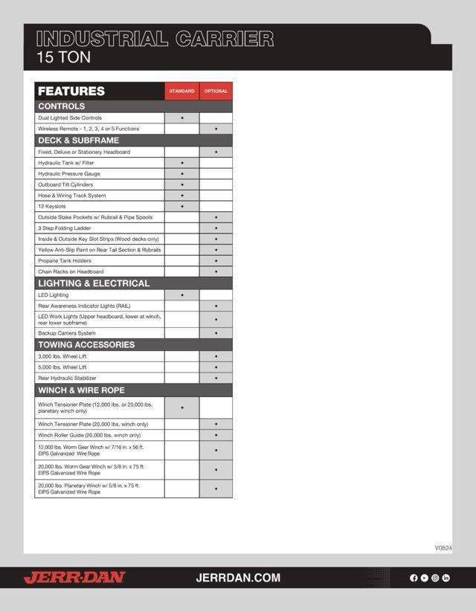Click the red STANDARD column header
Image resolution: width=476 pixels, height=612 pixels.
(181, 91)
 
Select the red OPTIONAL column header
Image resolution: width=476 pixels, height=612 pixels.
(216, 91)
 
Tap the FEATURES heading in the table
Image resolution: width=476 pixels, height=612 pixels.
(71, 91)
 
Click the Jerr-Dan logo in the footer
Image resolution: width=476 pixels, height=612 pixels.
(74, 578)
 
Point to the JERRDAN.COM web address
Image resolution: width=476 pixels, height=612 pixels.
(238, 578)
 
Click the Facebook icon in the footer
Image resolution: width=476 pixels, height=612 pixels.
(414, 578)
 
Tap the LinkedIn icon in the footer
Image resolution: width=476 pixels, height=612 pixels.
(446, 578)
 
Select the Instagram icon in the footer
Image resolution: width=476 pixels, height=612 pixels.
(435, 578)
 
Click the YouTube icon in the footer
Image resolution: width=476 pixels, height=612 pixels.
(424, 578)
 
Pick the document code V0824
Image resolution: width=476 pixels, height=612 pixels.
(443, 548)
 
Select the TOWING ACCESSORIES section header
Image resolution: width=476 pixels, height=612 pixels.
(86, 345)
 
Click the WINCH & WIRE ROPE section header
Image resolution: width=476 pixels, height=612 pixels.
(81, 390)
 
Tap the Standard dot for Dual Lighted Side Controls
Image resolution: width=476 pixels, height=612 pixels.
(182, 118)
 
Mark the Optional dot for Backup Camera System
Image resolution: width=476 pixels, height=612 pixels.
(216, 333)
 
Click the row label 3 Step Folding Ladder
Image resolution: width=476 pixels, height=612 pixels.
(65, 228)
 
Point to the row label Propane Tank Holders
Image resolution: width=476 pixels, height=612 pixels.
(64, 261)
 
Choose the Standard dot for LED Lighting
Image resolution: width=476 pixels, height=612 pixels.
(182, 295)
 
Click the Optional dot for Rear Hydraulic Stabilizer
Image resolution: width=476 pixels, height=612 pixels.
(216, 379)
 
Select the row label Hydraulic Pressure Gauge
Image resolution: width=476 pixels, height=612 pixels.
(69, 173)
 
